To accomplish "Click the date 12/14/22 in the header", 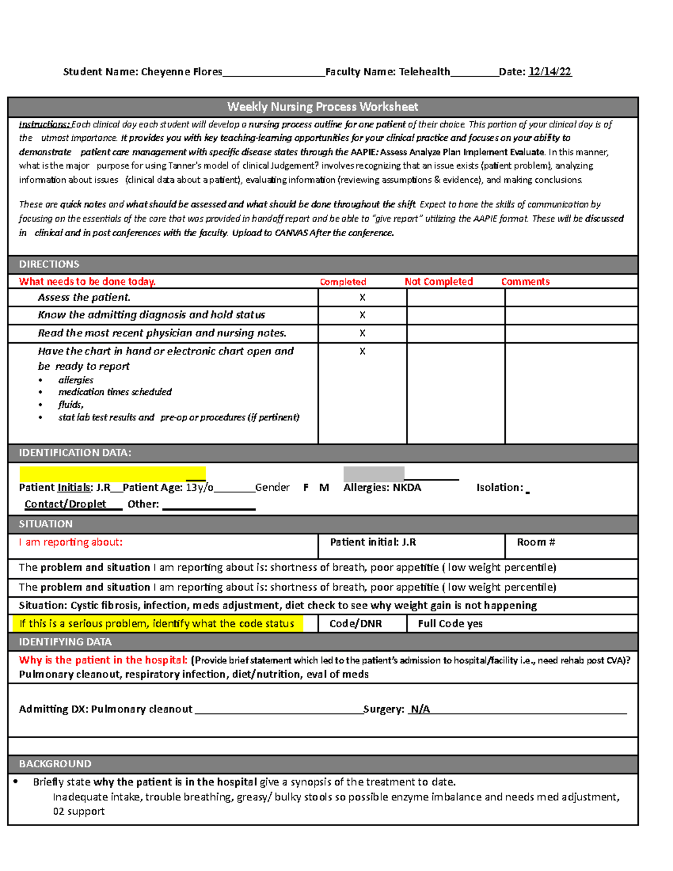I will pyautogui.click(x=550, y=72).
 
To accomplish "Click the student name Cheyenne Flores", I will pyautogui.click(x=181, y=72).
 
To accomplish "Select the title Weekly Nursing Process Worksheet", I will pyautogui.click(x=322, y=107).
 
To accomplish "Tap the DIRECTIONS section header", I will pyautogui.click(x=49, y=264).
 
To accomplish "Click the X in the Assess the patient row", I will pyautogui.click(x=362, y=298).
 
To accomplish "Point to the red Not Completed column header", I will pyautogui.click(x=439, y=282).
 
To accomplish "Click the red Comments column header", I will pyautogui.click(x=525, y=282).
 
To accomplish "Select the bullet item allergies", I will pyautogui.click(x=76, y=380).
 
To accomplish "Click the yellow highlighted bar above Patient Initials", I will pyautogui.click(x=112, y=474).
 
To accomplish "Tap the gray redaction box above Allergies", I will pyautogui.click(x=374, y=473).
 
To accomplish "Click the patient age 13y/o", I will pyautogui.click(x=199, y=487).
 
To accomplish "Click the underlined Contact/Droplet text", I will pyautogui.click(x=65, y=504).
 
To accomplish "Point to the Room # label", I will pyautogui.click(x=536, y=542).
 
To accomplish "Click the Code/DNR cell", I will pyautogui.click(x=356, y=624).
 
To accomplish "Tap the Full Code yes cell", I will pyautogui.click(x=450, y=624).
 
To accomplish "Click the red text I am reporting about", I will pyautogui.click(x=71, y=542).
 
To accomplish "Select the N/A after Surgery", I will pyautogui.click(x=420, y=709).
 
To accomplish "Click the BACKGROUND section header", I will pyautogui.click(x=55, y=764).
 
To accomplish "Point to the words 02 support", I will pyautogui.click(x=79, y=811).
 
